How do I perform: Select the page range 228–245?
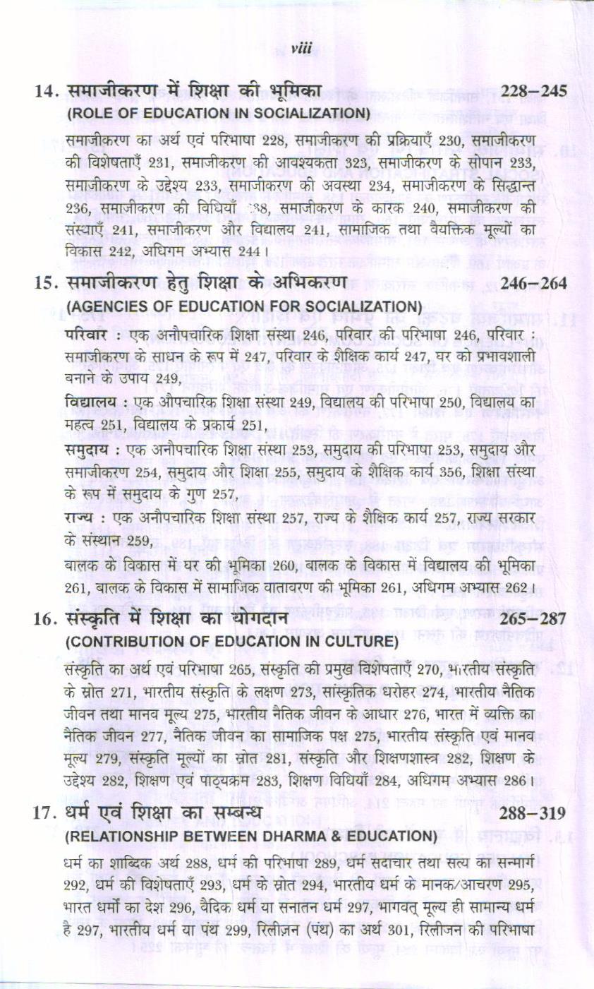(534, 91)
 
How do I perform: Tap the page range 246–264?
(534, 284)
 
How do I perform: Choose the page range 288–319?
(533, 813)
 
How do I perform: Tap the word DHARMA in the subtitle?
(311, 836)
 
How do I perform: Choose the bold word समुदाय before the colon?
(86, 450)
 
